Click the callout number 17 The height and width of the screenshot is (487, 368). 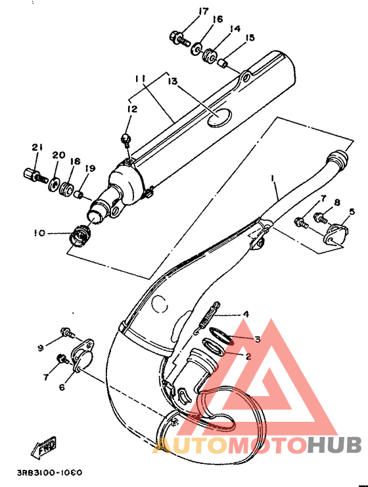pos(203,12)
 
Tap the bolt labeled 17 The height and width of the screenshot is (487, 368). pos(179,38)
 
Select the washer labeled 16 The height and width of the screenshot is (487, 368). pos(196,49)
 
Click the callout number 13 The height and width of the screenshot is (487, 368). pos(173,82)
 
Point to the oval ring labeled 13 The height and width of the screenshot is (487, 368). pos(219,118)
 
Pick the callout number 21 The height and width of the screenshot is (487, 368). pos(37,147)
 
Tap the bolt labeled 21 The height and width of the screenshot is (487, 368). pos(35,175)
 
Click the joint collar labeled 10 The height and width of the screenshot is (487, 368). pos(80,234)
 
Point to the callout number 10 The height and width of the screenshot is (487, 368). pos(39,232)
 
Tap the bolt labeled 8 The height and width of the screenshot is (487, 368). pos(321,217)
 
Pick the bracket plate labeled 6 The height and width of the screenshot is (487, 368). pos(82,354)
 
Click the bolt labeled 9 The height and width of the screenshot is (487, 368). pos(68,332)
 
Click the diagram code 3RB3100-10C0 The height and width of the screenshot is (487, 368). pos(49,473)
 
